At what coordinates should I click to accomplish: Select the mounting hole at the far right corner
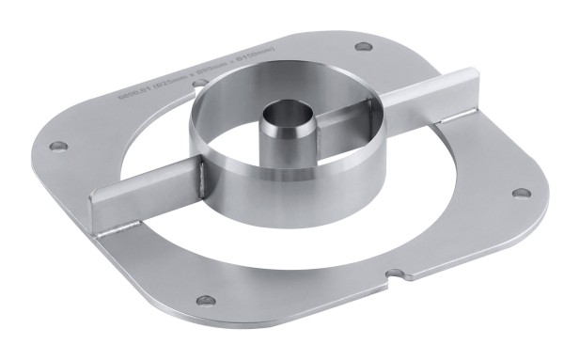coord(517,194)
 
